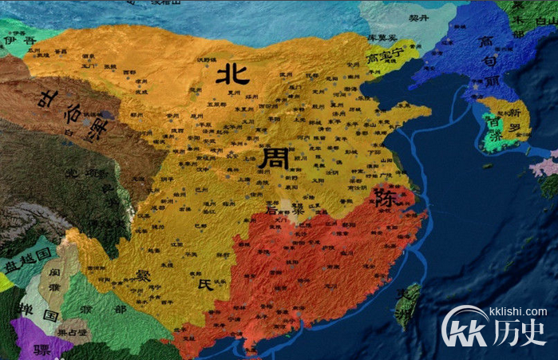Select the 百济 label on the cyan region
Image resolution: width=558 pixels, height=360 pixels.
click(498, 130)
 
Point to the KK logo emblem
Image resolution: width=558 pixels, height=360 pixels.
click(466, 328)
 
